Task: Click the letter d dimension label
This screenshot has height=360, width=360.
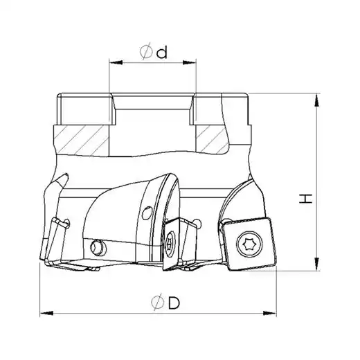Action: pos(161,53)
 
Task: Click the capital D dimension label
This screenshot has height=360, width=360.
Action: pos(174,303)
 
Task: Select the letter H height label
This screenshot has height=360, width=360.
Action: pos(305,199)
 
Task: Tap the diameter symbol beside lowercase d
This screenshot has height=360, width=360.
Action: pos(146,51)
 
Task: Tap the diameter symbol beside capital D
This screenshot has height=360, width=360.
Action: pos(158,301)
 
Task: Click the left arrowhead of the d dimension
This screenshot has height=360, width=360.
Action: pos(116,62)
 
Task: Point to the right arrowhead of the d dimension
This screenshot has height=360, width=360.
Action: pos(189,62)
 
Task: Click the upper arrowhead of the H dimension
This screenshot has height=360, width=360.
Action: pos(317,100)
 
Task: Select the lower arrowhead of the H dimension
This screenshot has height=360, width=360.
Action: pos(317,264)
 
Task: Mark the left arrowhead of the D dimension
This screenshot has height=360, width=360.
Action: pos(46,314)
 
